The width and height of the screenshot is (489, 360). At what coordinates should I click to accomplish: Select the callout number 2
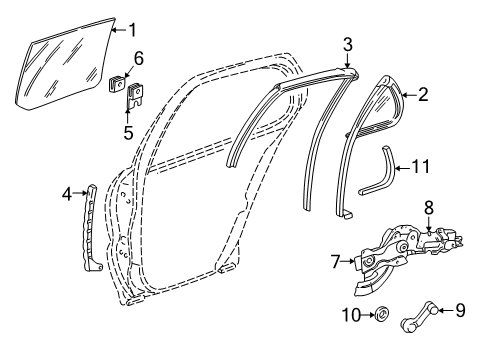(x=424, y=95)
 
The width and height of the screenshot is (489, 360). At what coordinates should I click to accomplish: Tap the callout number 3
(x=347, y=43)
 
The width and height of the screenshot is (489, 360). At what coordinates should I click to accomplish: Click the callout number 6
(x=139, y=58)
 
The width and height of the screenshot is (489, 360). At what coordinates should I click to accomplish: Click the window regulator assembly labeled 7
(x=385, y=270)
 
